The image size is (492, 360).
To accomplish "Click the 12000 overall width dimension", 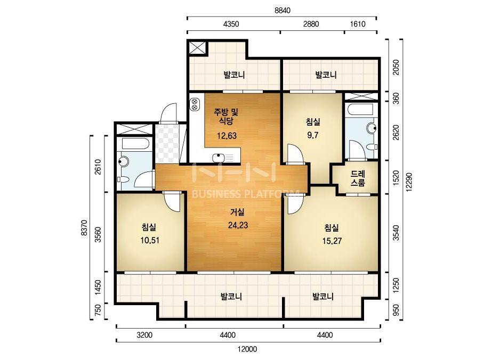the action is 247,349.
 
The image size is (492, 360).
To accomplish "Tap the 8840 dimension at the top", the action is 283,10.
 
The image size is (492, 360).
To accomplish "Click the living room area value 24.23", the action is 238,225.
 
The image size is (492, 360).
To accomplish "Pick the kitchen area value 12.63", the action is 227,136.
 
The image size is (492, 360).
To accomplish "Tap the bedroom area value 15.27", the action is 332,241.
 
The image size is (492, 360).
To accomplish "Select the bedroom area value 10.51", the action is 150,241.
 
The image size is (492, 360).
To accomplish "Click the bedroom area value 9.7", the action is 312,135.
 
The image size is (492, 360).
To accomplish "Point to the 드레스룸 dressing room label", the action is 358,178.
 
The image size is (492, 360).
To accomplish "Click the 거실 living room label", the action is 238,212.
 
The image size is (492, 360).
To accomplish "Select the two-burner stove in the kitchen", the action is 195,104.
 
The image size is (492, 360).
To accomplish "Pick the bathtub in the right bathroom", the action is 360,110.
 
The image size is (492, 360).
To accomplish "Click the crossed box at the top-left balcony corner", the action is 197,48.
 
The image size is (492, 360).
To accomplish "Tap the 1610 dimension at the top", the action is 358,24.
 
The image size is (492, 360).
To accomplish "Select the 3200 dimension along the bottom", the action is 144,335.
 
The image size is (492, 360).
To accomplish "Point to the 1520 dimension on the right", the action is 396,178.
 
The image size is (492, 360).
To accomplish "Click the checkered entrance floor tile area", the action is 167,144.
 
